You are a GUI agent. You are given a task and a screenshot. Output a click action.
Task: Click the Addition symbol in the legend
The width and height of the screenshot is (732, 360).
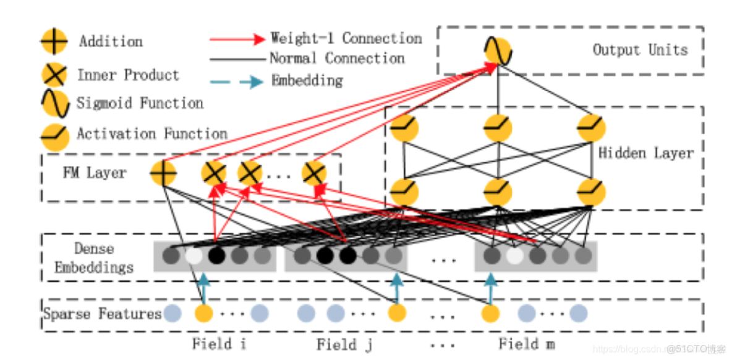tap(54, 41)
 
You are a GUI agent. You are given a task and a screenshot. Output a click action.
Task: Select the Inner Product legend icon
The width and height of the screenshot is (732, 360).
tap(54, 75)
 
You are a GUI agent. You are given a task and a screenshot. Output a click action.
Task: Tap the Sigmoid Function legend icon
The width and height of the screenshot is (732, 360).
tap(55, 103)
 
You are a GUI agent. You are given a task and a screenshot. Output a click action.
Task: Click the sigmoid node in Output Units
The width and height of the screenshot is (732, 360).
tap(498, 51)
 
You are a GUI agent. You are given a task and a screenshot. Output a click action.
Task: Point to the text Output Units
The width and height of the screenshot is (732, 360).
tap(640, 50)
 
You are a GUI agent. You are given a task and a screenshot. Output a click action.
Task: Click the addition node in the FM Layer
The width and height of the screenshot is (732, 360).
tap(163, 173)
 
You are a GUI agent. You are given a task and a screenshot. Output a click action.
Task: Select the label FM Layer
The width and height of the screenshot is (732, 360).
tap(95, 173)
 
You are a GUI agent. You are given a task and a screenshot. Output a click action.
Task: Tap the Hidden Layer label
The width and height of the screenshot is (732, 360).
tap(646, 153)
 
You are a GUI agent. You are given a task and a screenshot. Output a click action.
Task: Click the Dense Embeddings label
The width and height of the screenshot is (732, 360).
tap(94, 258)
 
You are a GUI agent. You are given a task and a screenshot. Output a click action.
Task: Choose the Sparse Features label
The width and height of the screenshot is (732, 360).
tap(102, 314)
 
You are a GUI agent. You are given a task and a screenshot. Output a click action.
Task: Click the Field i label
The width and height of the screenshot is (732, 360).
tap(219, 345)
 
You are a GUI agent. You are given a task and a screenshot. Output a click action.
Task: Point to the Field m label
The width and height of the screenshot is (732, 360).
tap(527, 345)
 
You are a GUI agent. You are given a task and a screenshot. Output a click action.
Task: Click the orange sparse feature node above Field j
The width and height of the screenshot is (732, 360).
tap(397, 314)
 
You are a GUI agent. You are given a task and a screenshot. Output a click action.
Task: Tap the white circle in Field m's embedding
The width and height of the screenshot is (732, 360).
tap(514, 256)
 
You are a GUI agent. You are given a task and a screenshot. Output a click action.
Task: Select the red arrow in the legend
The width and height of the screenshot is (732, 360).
tap(237, 39)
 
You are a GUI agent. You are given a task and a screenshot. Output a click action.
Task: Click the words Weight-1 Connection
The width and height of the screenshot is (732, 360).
tap(346, 38)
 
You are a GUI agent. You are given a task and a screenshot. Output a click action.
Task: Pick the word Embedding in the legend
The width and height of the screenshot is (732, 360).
tap(307, 81)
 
